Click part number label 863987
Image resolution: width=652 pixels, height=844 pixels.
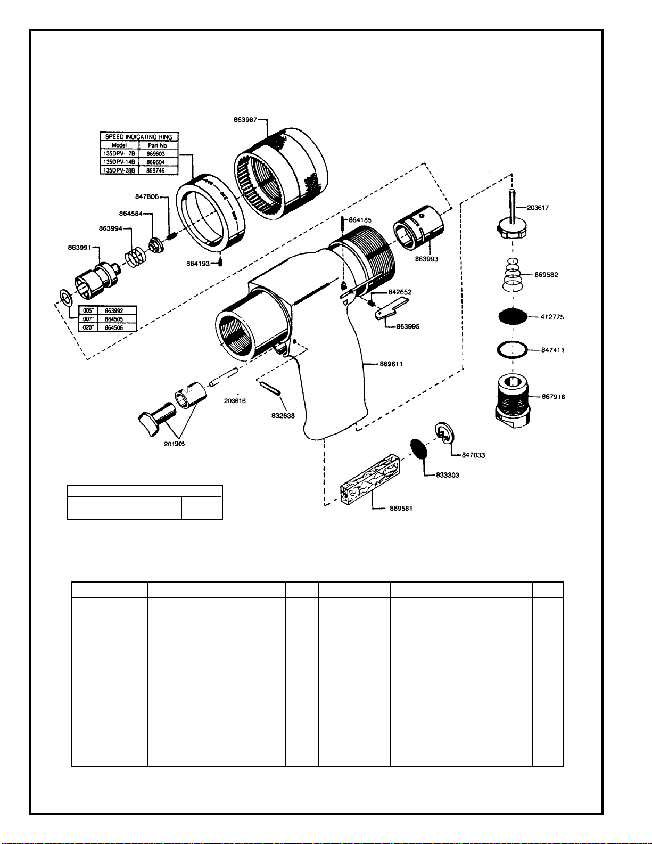pos(245,120)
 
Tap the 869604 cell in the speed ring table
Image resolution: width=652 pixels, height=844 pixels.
pos(155,162)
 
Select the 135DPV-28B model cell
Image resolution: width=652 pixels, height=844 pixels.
pos(119,170)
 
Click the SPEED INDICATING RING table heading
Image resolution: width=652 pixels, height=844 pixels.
pos(138,137)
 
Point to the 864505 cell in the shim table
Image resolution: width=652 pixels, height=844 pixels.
pos(114,319)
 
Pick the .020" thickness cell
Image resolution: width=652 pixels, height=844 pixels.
pos(88,328)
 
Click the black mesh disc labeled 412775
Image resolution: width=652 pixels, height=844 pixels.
pos(513,316)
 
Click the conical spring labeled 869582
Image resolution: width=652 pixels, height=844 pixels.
pos(512,274)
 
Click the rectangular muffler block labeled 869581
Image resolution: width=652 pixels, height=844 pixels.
pos(370,479)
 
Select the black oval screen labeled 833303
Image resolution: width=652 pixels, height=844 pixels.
pos(419,449)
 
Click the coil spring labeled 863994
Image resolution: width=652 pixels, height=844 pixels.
pos(136,257)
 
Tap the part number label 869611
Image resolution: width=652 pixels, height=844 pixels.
pos(391,364)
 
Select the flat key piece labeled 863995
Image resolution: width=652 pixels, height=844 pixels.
pos(391,308)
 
